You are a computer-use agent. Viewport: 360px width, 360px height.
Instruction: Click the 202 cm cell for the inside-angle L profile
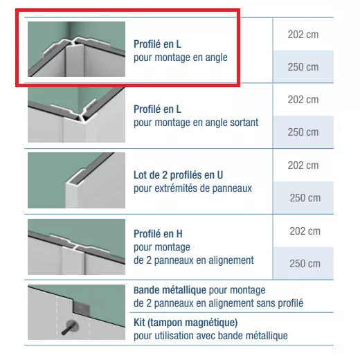click(x=303, y=35)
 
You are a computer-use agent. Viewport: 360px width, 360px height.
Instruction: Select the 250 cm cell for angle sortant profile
click(x=303, y=132)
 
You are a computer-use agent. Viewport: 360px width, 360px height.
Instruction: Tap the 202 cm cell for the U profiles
click(x=303, y=165)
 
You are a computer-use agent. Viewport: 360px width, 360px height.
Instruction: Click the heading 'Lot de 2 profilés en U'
click(x=178, y=175)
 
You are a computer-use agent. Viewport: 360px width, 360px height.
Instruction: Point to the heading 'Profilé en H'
click(x=158, y=234)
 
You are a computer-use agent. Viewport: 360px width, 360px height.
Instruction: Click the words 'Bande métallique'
click(x=170, y=290)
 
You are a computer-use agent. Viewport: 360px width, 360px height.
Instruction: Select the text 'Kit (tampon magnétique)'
click(x=186, y=323)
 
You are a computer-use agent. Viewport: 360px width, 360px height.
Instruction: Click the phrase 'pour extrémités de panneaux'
click(x=192, y=188)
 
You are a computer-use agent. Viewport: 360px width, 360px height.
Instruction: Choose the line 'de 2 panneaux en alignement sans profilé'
click(x=218, y=303)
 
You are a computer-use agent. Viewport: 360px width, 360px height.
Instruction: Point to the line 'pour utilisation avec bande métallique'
click(x=210, y=336)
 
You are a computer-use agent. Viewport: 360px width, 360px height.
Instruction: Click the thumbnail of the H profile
click(x=76, y=246)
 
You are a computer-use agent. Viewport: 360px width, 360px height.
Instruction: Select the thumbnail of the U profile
click(x=76, y=180)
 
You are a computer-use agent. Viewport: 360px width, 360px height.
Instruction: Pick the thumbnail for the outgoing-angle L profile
click(x=76, y=115)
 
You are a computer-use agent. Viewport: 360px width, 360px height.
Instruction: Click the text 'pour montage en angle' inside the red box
click(x=181, y=57)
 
